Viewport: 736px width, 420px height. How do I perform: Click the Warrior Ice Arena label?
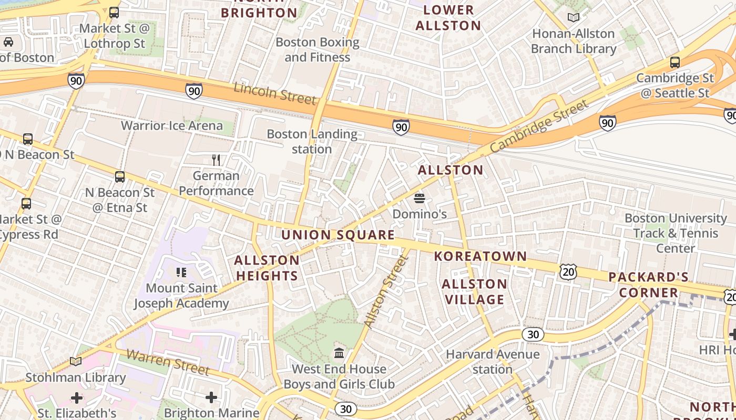pos(172,125)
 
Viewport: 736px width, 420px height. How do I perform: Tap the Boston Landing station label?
pos(312,141)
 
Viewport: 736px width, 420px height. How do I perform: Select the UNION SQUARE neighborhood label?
pos(338,235)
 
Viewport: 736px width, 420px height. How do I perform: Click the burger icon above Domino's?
pos(420,198)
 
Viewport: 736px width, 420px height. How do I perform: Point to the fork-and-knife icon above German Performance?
pos(216,160)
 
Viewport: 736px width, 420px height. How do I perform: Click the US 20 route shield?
pos(568,271)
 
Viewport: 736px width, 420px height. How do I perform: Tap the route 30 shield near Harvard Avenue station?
pos(533,334)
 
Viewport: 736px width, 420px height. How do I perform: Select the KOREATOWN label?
pos(481,256)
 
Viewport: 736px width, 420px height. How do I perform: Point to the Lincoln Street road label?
pos(275,93)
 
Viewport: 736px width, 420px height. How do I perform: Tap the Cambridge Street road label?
pos(539,128)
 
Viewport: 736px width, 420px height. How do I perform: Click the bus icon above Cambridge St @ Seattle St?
pos(675,62)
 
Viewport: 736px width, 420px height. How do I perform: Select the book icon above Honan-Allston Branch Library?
pos(574,18)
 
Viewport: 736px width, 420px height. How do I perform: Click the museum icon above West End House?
pos(339,353)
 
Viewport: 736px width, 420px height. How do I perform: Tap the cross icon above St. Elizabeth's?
pos(77,397)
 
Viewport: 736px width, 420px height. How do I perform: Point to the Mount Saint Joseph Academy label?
pos(181,296)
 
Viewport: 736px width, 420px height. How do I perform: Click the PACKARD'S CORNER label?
pos(648,285)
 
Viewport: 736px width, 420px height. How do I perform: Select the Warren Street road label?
pos(168,362)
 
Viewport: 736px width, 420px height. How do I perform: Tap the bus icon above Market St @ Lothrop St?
pos(114,12)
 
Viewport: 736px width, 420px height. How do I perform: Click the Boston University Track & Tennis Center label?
pos(676,233)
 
